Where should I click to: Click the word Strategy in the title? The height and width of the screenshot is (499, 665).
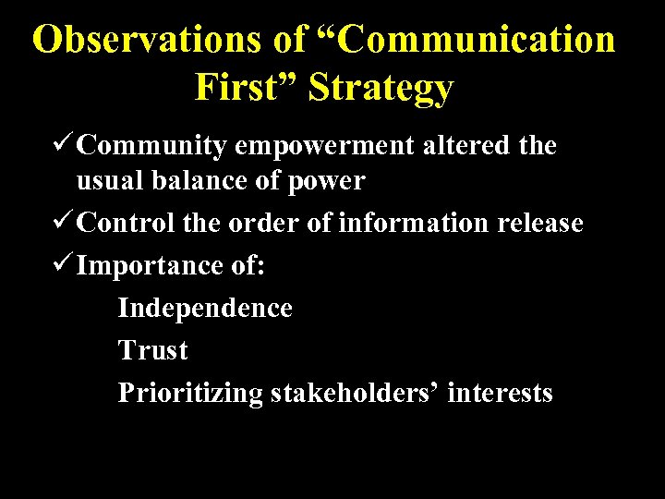381,87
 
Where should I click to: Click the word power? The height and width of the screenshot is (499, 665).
327,181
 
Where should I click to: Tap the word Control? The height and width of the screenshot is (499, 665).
124,223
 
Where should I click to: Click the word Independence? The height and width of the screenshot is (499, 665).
205,308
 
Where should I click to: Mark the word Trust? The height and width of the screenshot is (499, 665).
152,350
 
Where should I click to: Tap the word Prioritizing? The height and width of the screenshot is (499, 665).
190,393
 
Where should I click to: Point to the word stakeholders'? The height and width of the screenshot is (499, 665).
355,393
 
